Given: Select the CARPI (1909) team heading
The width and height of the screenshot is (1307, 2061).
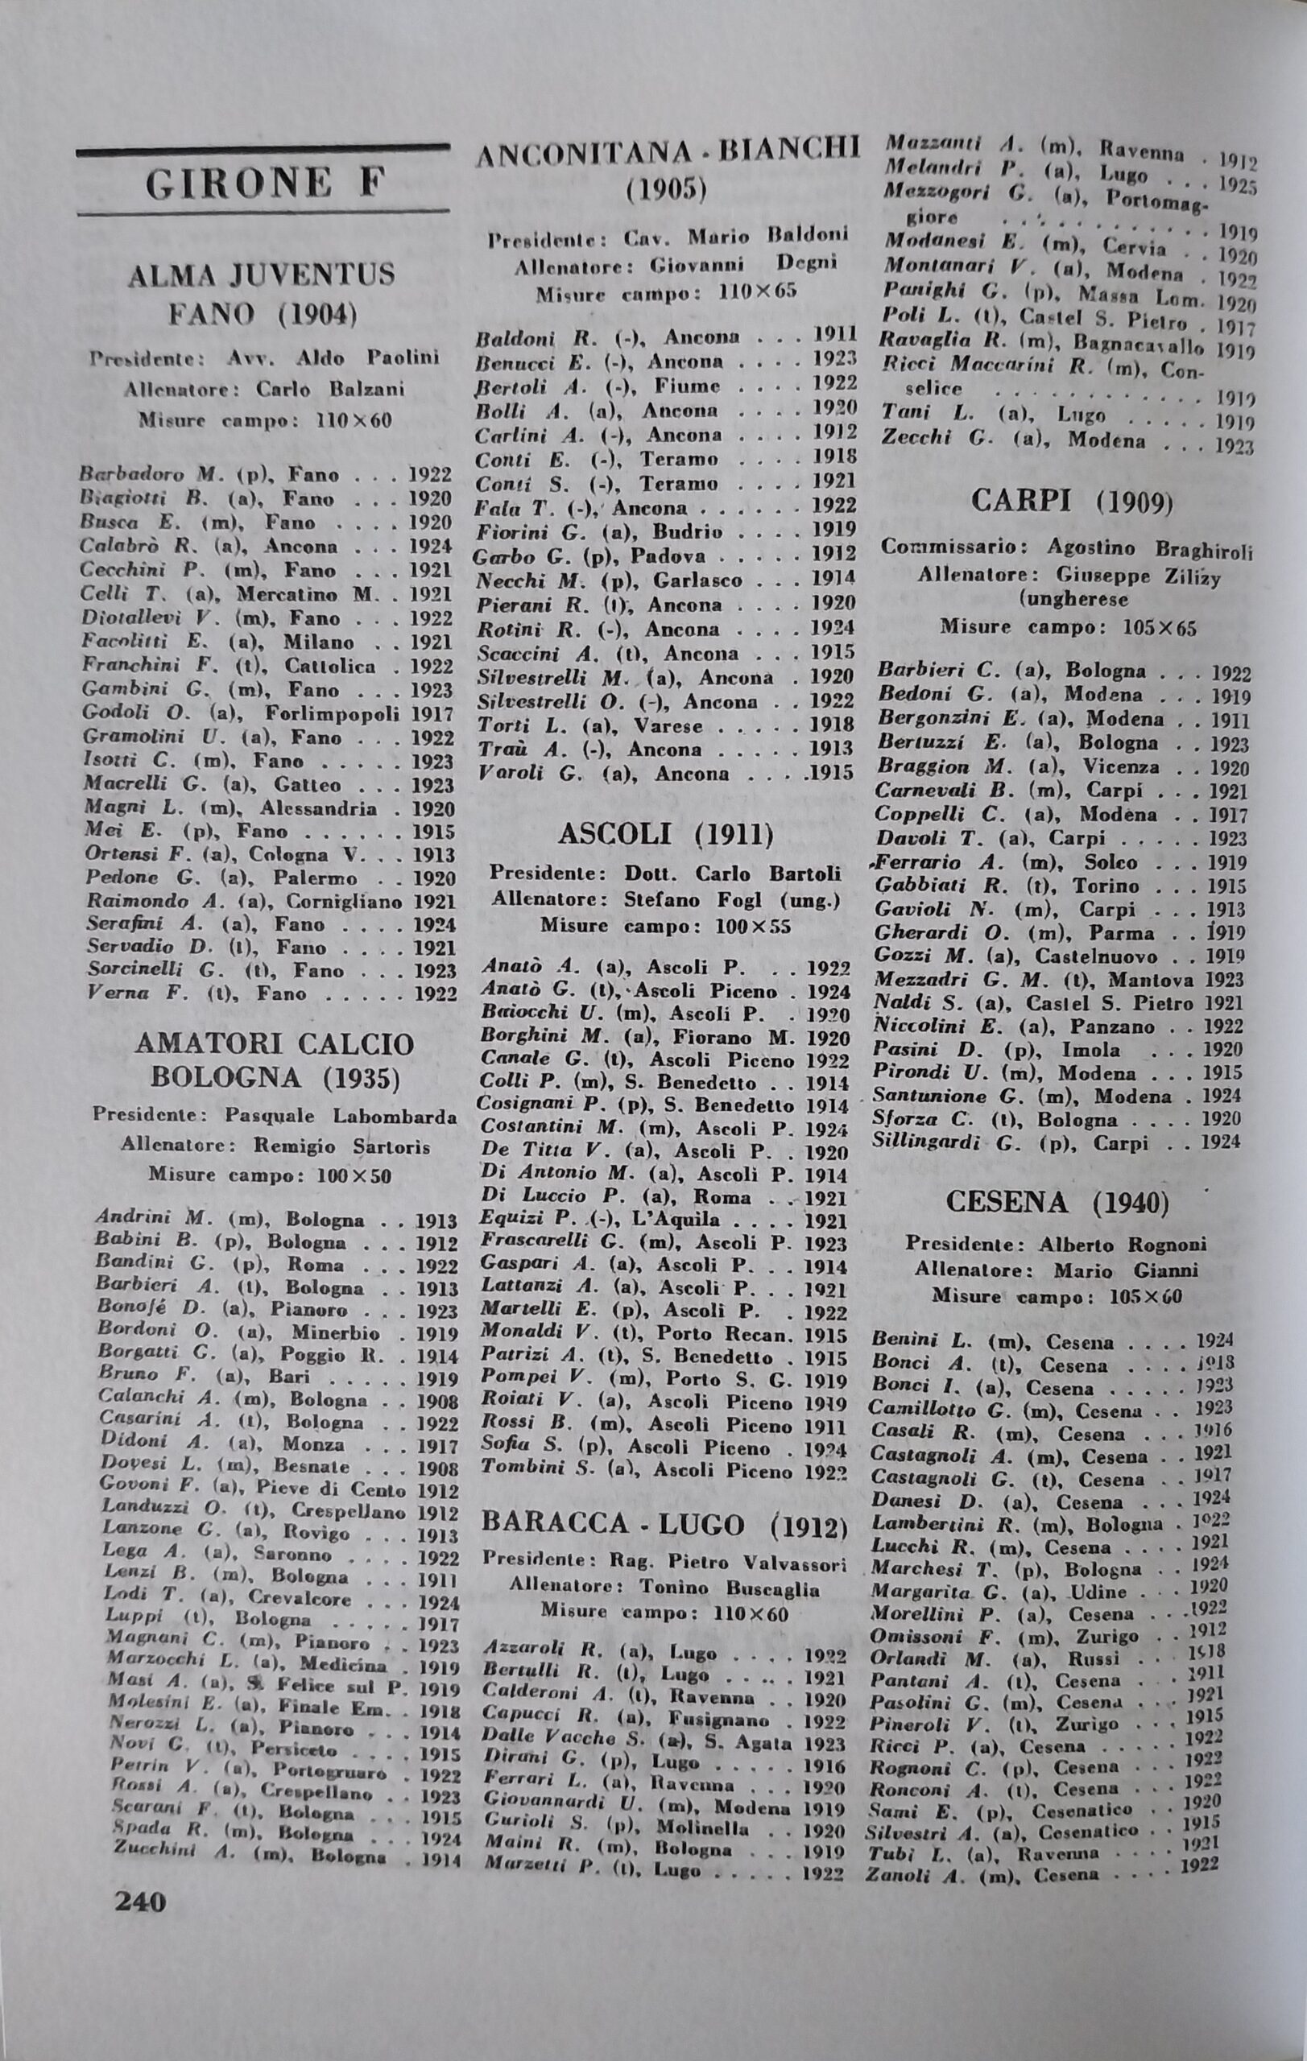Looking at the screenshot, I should click(x=1072, y=502).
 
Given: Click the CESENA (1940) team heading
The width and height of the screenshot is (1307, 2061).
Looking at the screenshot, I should click(x=1058, y=1203).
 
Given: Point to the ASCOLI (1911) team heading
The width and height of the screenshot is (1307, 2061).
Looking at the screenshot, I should click(x=666, y=835).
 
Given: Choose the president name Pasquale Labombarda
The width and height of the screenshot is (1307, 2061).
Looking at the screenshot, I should click(x=341, y=1117).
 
